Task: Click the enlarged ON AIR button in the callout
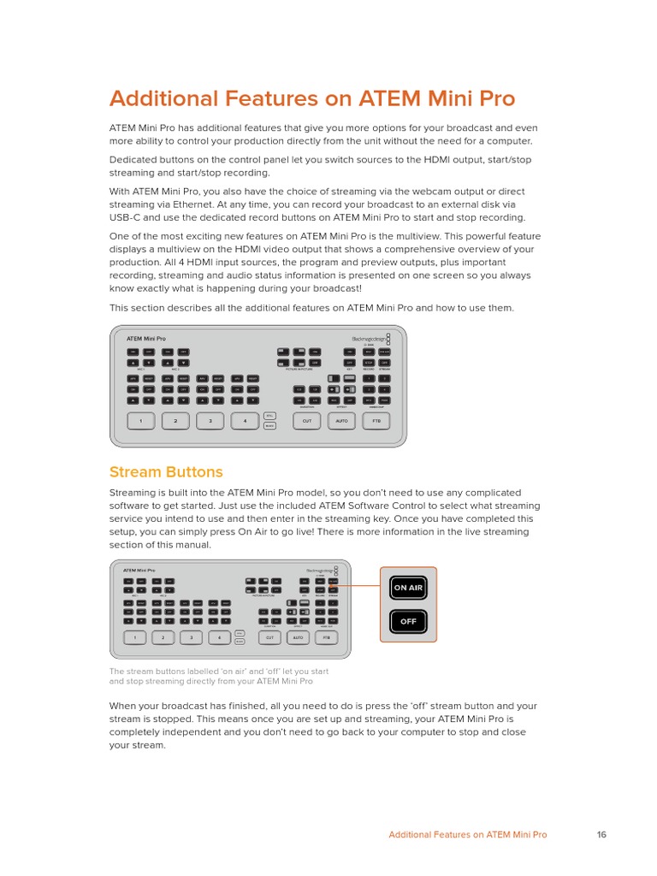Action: point(408,588)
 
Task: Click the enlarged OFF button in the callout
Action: point(408,622)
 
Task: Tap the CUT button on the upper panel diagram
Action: point(307,421)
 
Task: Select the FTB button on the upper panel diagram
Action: point(376,421)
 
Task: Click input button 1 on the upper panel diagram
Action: point(140,421)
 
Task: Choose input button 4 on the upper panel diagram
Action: point(246,421)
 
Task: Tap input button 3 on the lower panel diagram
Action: point(192,637)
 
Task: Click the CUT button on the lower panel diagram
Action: point(269,637)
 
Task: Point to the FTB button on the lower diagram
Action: point(326,637)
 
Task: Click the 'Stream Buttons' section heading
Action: point(166,472)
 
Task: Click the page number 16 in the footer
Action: point(601,835)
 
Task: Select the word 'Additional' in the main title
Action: point(163,99)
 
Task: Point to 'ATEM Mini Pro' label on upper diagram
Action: point(146,339)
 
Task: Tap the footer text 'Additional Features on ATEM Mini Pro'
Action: point(468,835)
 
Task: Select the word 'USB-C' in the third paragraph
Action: point(125,217)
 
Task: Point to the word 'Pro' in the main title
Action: point(496,99)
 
